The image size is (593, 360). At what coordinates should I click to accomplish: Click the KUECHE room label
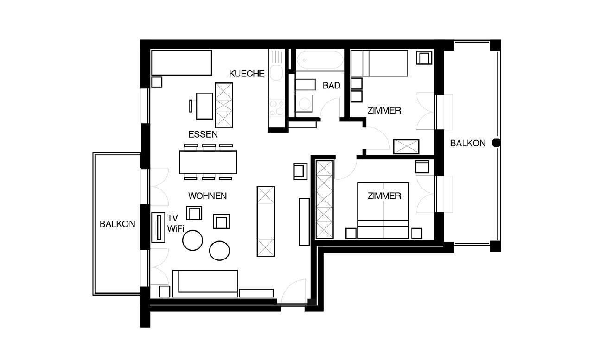pos(247,74)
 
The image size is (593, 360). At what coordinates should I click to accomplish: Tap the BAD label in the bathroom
pos(331,85)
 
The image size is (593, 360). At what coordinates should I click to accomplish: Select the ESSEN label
pos(203,134)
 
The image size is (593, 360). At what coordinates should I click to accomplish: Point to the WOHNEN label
pos(208,196)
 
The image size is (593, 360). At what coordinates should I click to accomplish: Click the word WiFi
pos(176,229)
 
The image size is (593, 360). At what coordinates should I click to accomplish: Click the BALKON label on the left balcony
pos(117,224)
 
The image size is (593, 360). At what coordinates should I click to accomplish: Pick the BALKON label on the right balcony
pos(468,143)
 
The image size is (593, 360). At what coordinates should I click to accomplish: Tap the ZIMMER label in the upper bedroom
pos(384,110)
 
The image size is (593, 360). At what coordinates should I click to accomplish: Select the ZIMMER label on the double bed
pos(384,196)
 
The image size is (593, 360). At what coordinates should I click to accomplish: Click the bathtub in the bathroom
pos(320,60)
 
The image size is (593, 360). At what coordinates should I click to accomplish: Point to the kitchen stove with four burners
pos(276,107)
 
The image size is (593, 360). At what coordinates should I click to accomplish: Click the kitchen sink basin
pos(276,72)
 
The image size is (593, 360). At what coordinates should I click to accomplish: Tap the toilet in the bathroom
pos(304,103)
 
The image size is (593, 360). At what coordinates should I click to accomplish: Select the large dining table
pos(208,162)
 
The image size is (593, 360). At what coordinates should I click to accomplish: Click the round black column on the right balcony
pos(496,143)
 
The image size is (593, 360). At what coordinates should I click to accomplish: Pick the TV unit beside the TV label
pos(158,227)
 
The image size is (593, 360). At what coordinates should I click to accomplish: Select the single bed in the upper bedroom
pos(379,63)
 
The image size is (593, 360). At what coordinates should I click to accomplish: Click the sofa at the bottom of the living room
pos(205,284)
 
